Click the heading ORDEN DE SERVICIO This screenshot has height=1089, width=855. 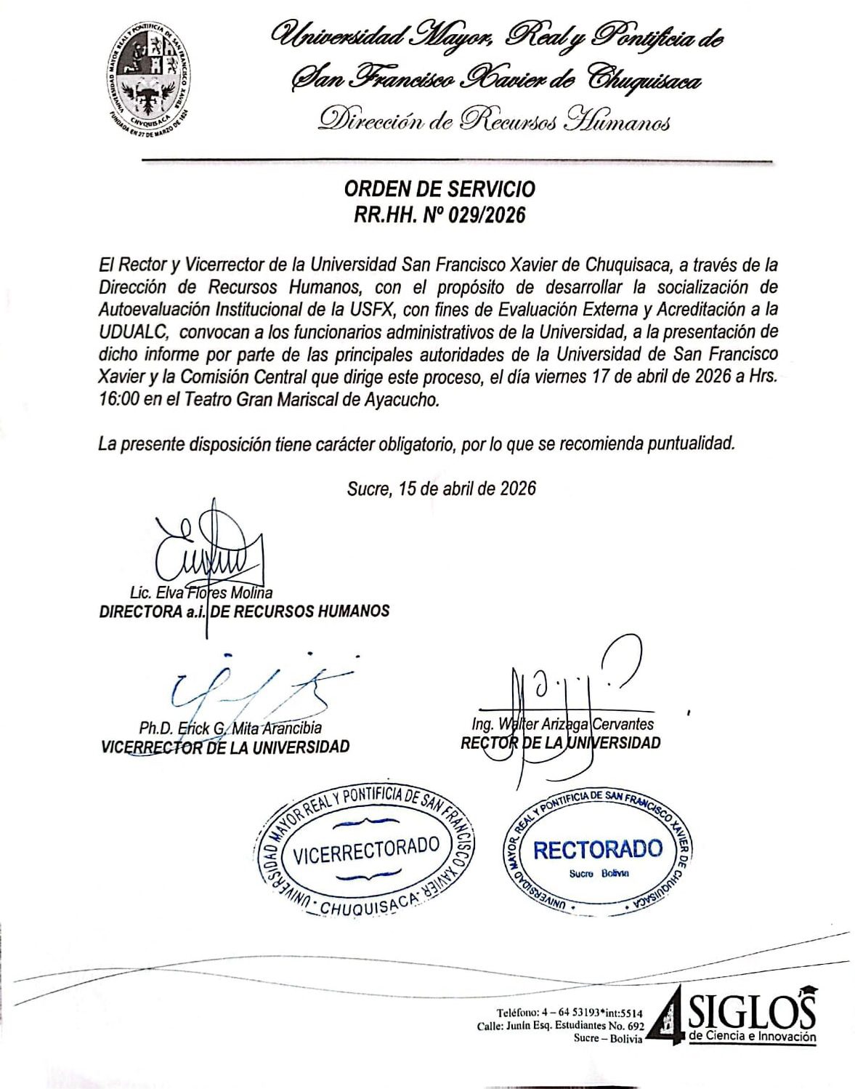[439, 189]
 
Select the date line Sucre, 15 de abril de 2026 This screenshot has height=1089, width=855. [442, 488]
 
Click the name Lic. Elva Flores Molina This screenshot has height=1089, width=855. [201, 592]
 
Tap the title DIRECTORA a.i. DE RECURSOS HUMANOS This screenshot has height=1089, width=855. [244, 611]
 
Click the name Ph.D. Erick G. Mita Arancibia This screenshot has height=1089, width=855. [230, 728]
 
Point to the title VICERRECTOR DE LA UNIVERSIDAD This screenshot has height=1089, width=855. [225, 747]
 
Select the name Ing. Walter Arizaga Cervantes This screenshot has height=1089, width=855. [562, 724]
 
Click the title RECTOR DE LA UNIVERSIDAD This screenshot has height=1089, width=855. [560, 743]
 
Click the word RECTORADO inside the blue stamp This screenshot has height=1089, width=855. [597, 849]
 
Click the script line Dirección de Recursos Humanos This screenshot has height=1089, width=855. [494, 120]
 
